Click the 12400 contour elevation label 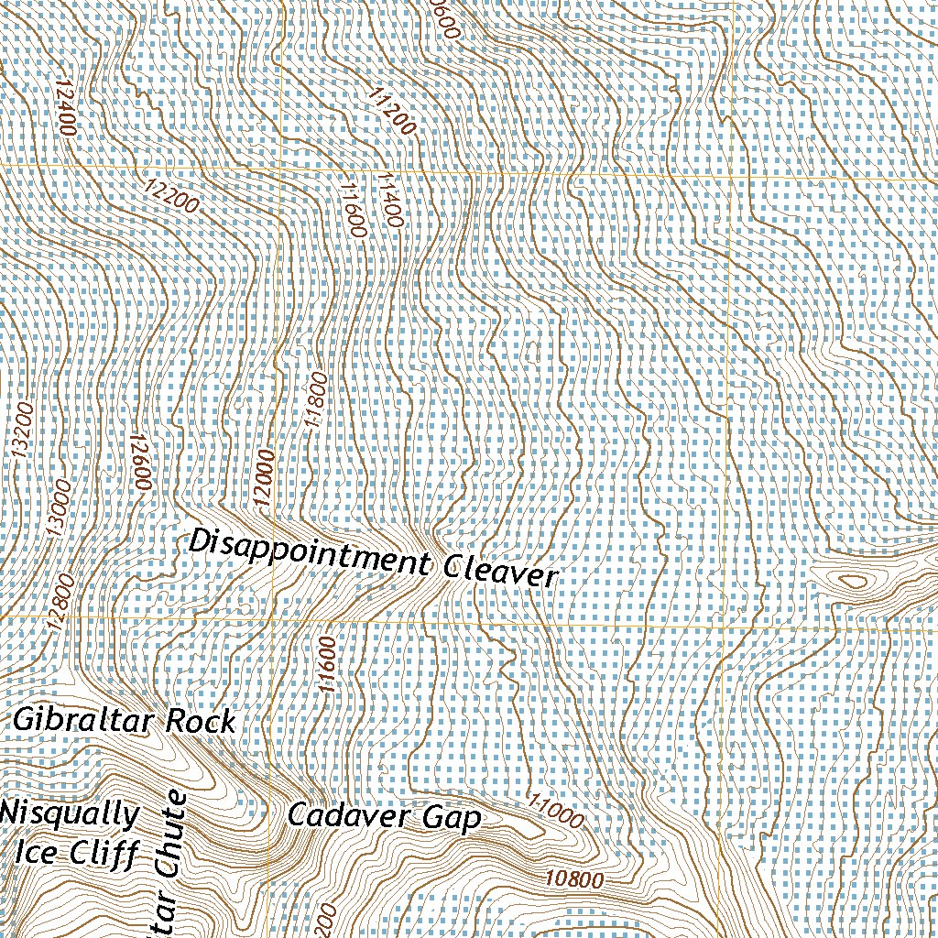click(x=63, y=107)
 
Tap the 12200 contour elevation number click(x=171, y=194)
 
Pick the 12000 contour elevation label click(x=265, y=479)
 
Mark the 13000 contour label click(x=60, y=509)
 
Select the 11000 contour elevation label click(x=556, y=811)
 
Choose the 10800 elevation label click(x=573, y=880)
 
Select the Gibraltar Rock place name click(x=125, y=721)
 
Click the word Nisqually click(x=71, y=813)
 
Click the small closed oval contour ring click(x=851, y=581)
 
